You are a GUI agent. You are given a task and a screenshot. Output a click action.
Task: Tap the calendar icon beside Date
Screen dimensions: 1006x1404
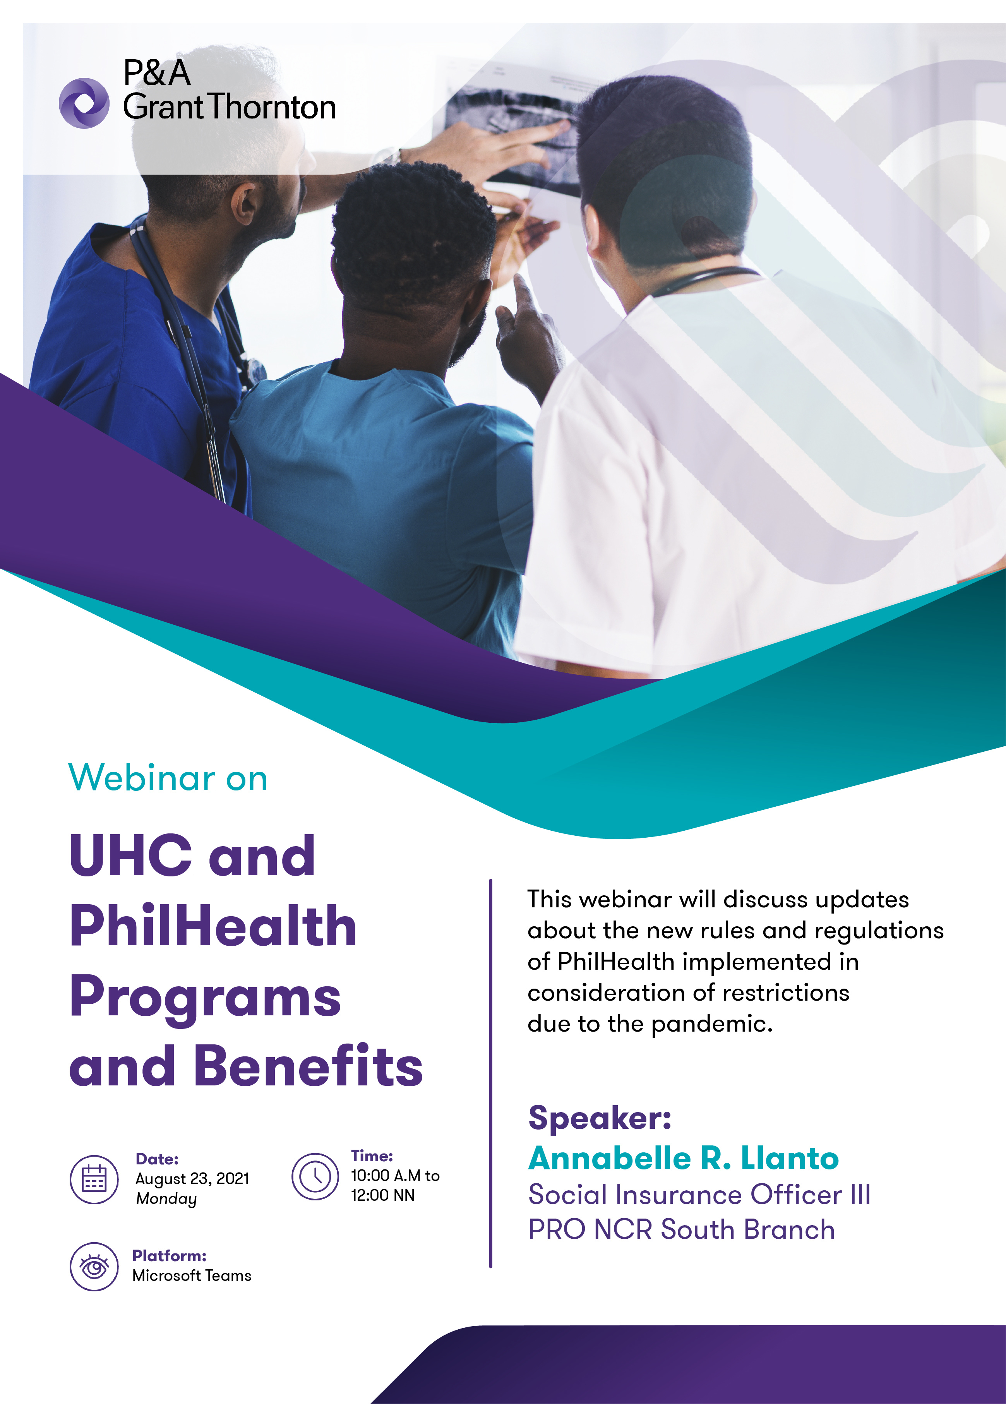click(x=94, y=1179)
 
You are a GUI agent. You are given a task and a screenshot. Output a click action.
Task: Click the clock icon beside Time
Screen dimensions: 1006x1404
click(x=315, y=1176)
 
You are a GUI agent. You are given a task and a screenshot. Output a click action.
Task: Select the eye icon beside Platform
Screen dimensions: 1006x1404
click(x=94, y=1267)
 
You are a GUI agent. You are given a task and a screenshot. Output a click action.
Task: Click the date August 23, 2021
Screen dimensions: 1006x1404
click(x=192, y=1179)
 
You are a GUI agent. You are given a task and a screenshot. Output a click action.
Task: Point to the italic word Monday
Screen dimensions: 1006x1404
click(x=166, y=1199)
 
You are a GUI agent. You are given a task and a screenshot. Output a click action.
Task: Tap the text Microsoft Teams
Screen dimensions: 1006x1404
click(x=192, y=1276)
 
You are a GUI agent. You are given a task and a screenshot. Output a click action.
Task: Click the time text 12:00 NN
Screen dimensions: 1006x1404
click(x=382, y=1195)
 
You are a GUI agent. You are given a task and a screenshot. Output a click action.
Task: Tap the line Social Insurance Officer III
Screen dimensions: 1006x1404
click(x=699, y=1195)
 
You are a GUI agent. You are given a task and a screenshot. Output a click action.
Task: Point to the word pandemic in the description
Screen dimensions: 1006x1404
click(x=712, y=1025)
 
